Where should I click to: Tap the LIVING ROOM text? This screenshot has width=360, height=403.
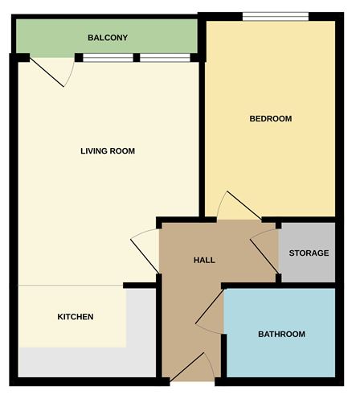tap(108, 150)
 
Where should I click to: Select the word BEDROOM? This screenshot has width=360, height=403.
tap(270, 119)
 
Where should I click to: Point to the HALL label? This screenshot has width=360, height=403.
tap(205, 261)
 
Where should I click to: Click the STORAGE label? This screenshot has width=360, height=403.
tap(309, 253)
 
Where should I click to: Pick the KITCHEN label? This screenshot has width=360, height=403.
tap(76, 317)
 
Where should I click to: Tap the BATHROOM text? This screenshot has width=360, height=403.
tap(281, 334)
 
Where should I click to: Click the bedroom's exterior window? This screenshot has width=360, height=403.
tap(276, 16)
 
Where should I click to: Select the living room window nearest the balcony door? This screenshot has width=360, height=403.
tap(108, 58)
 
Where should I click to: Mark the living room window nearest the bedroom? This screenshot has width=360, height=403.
tap(165, 58)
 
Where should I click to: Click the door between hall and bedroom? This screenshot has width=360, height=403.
tap(239, 207)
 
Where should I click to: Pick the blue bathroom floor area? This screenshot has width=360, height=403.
tap(281, 354)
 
